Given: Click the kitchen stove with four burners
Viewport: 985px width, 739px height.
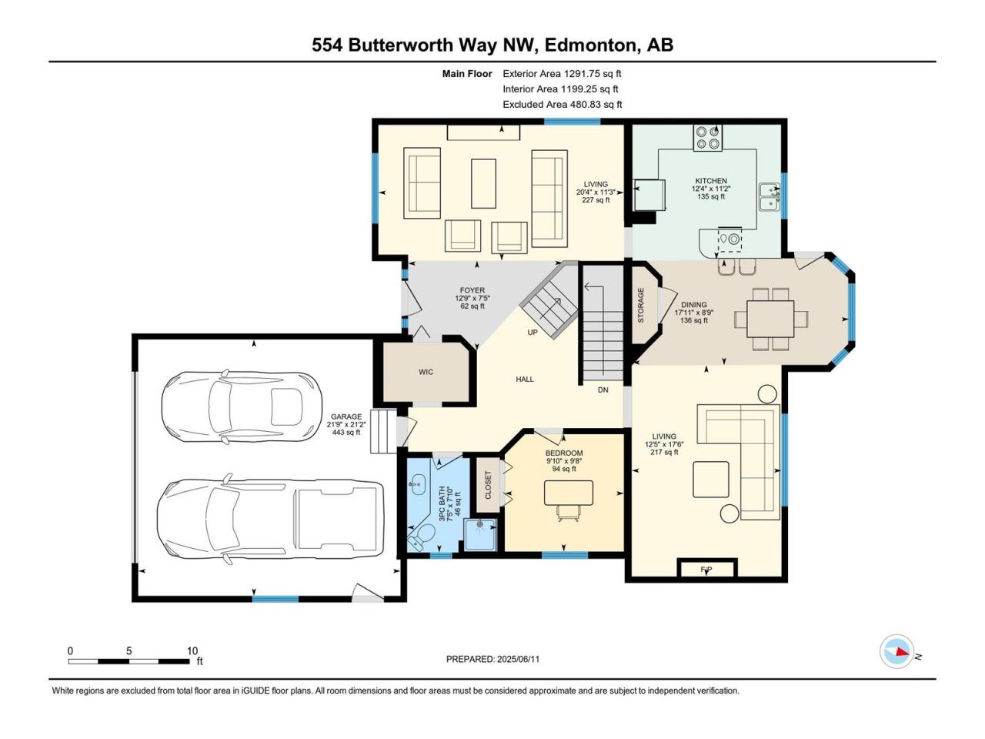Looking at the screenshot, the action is click(x=708, y=139).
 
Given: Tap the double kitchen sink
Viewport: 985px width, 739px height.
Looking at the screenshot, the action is click(x=770, y=196).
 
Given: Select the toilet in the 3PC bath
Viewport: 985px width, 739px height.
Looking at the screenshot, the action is click(x=422, y=537).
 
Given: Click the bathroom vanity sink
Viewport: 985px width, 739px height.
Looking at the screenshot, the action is click(x=417, y=485).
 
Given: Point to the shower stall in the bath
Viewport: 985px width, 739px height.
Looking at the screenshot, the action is click(x=480, y=534).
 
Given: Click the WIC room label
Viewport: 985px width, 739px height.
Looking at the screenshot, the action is click(x=426, y=372).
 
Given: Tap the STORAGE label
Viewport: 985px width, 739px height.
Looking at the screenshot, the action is click(x=641, y=305).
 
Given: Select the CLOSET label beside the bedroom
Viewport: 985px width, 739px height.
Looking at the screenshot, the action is click(x=488, y=485).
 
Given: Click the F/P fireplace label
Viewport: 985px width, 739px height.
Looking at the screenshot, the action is click(x=706, y=570).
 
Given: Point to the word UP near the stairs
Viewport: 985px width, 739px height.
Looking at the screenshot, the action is click(x=533, y=333).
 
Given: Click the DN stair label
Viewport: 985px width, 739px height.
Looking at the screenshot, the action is click(x=603, y=390).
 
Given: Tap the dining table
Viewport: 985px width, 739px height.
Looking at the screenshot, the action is click(x=770, y=319).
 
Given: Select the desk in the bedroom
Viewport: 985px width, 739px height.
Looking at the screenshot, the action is click(x=569, y=493).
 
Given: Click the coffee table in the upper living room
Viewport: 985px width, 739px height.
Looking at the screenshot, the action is click(x=483, y=183).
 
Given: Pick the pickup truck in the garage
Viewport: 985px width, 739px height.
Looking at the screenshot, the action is click(x=271, y=520).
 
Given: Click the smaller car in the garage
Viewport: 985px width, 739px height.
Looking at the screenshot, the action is click(x=242, y=406).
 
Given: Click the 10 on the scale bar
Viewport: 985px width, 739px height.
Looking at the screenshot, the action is click(x=192, y=650).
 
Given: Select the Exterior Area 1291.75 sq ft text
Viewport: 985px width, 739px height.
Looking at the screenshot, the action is click(x=562, y=74).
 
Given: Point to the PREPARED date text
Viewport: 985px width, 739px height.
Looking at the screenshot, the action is click(x=492, y=659).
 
